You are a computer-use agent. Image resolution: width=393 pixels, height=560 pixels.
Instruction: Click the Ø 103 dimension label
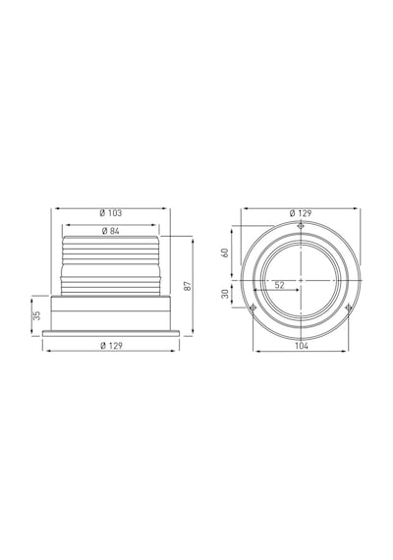pyautogui.click(x=111, y=213)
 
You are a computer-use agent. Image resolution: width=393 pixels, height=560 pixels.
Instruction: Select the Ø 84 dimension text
pyautogui.click(x=111, y=231)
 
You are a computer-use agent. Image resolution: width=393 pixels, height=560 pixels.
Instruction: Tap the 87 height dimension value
pyautogui.click(x=188, y=286)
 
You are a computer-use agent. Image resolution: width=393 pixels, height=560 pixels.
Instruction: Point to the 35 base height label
pyautogui.click(x=36, y=315)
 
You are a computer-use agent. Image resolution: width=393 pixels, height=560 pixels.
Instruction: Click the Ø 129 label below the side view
pyautogui.click(x=111, y=346)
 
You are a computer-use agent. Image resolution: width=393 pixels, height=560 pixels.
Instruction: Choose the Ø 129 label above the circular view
pyautogui.click(x=301, y=213)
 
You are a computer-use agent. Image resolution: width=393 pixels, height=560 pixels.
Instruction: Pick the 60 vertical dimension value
pyautogui.click(x=225, y=252)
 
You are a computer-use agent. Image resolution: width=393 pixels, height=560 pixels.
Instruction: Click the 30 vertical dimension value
pyautogui.click(x=225, y=294)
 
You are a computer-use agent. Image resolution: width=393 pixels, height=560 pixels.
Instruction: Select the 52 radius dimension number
pyautogui.click(x=280, y=285)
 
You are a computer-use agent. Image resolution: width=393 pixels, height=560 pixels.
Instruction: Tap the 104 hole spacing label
pyautogui.click(x=302, y=346)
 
